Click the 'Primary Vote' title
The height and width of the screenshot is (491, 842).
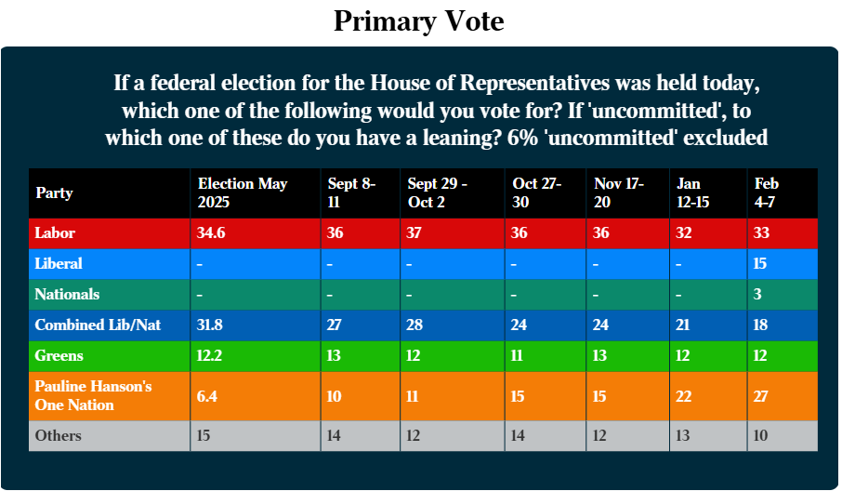click(418, 21)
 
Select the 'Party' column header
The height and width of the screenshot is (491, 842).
click(54, 193)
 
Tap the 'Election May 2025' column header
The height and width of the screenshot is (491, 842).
click(243, 192)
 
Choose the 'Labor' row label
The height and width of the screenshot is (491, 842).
click(55, 232)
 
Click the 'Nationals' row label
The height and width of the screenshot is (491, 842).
click(67, 294)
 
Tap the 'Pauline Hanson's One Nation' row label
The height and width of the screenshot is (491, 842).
click(93, 395)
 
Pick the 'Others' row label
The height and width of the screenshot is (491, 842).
click(58, 435)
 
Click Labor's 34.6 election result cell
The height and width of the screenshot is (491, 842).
click(211, 232)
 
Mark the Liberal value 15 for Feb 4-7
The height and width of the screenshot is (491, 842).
click(760, 263)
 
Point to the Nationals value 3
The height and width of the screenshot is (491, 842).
click(758, 294)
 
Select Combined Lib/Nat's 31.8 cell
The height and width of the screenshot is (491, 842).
click(210, 325)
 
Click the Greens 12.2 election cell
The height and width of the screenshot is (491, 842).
click(210, 355)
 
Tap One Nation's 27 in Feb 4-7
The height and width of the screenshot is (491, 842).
click(761, 395)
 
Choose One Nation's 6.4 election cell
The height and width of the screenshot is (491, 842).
click(206, 395)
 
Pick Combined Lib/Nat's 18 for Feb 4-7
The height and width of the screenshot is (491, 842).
click(760, 325)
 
